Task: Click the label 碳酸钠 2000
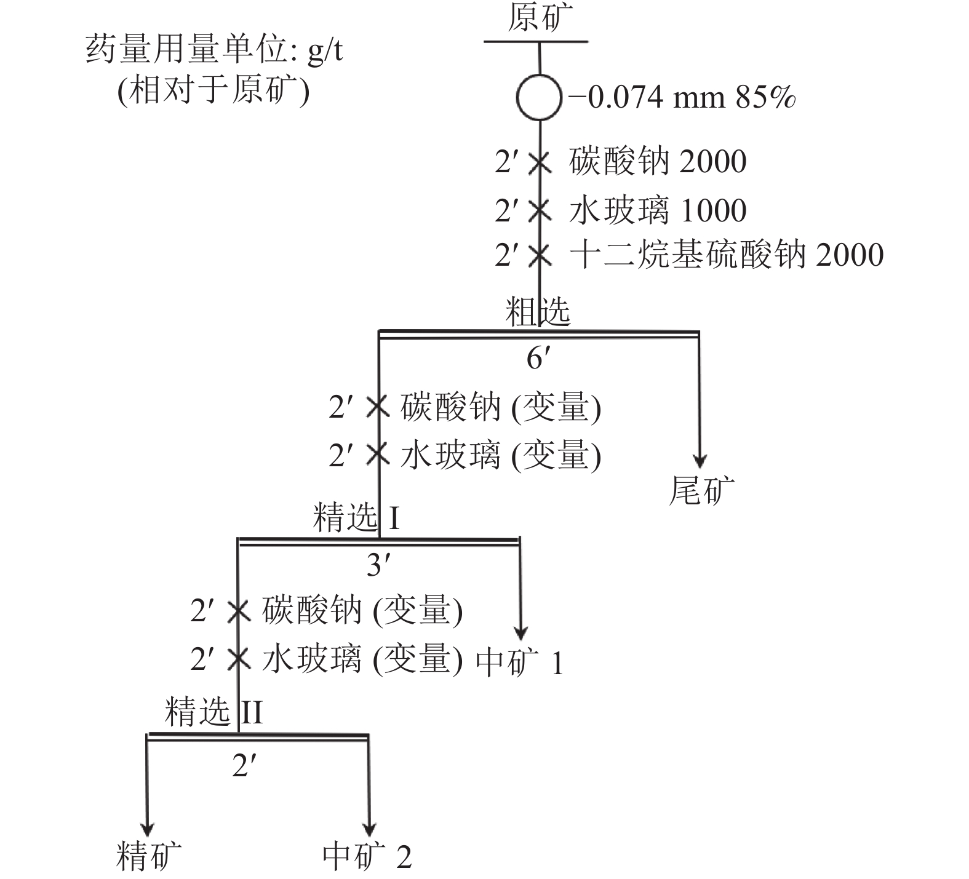pyautogui.click(x=658, y=162)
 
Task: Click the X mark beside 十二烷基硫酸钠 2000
pyautogui.click(x=540, y=255)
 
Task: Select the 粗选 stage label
pyautogui.click(x=538, y=312)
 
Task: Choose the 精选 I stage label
pyautogui.click(x=356, y=517)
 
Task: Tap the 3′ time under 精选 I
pyautogui.click(x=377, y=565)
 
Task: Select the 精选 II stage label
pyautogui.click(x=213, y=712)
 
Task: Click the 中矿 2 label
pyautogui.click(x=367, y=856)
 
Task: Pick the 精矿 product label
pyautogui.click(x=149, y=856)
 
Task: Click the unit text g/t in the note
pyautogui.click(x=325, y=50)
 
